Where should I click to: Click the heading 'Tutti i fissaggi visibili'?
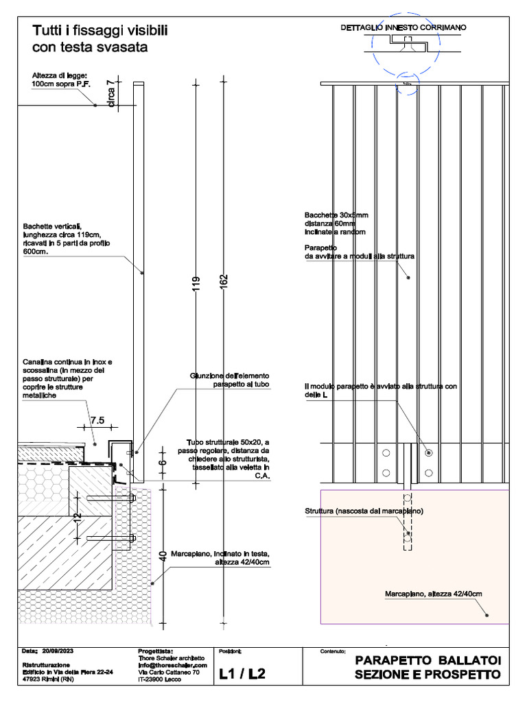(x=100, y=32)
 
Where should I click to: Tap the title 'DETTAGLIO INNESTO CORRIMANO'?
(x=403, y=27)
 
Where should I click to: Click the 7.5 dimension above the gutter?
(x=97, y=420)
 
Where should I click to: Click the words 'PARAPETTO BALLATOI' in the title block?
(x=428, y=661)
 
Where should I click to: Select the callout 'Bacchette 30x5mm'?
(x=337, y=215)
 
